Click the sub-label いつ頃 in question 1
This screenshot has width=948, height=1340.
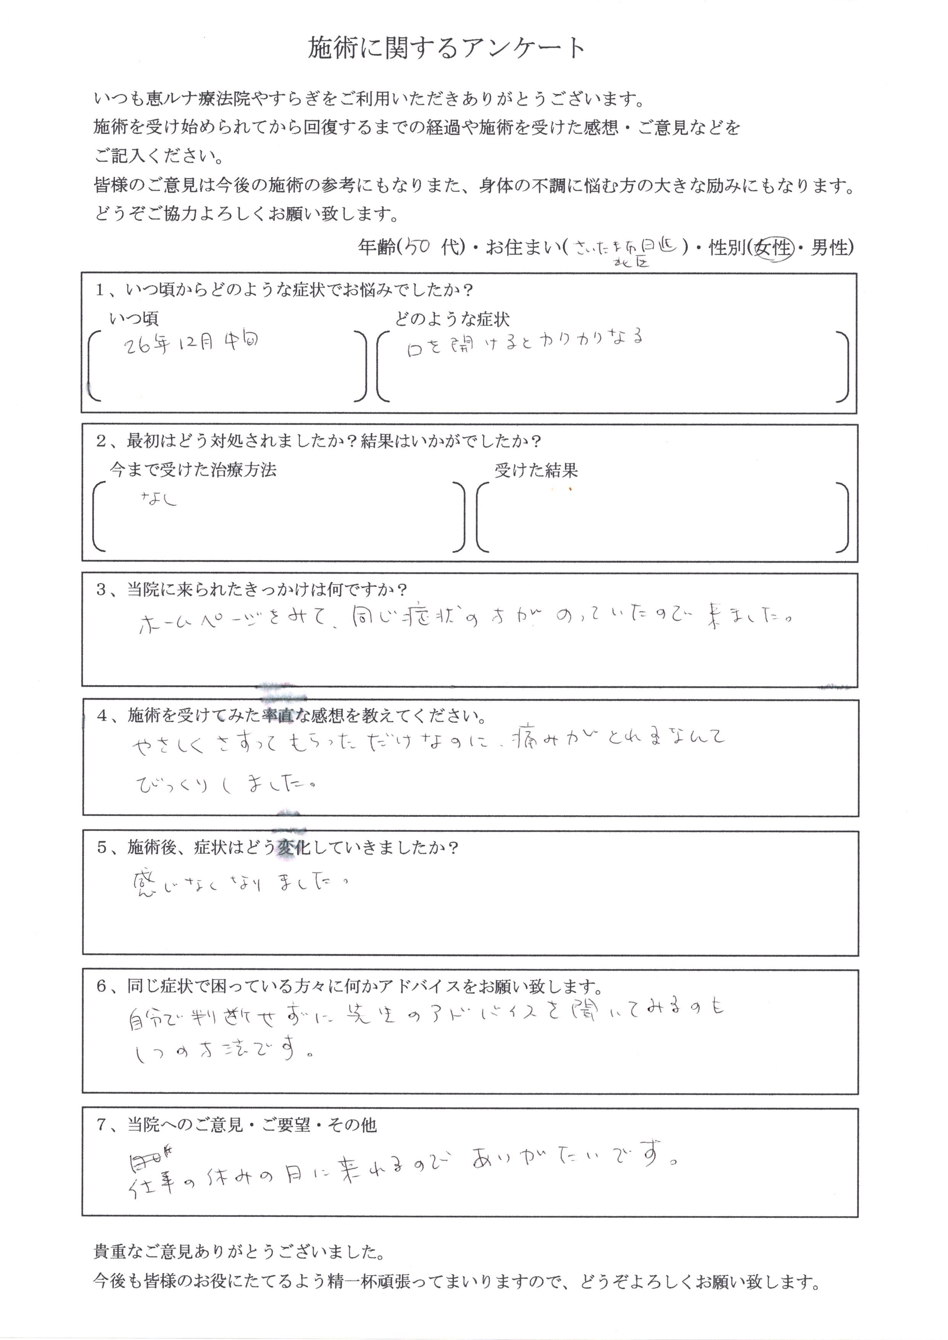pyautogui.click(x=134, y=319)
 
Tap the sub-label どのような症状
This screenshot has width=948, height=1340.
pyautogui.click(x=452, y=319)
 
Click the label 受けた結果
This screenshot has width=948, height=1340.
pyautogui.click(x=536, y=470)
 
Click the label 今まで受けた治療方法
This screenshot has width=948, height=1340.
pyautogui.click(x=193, y=470)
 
